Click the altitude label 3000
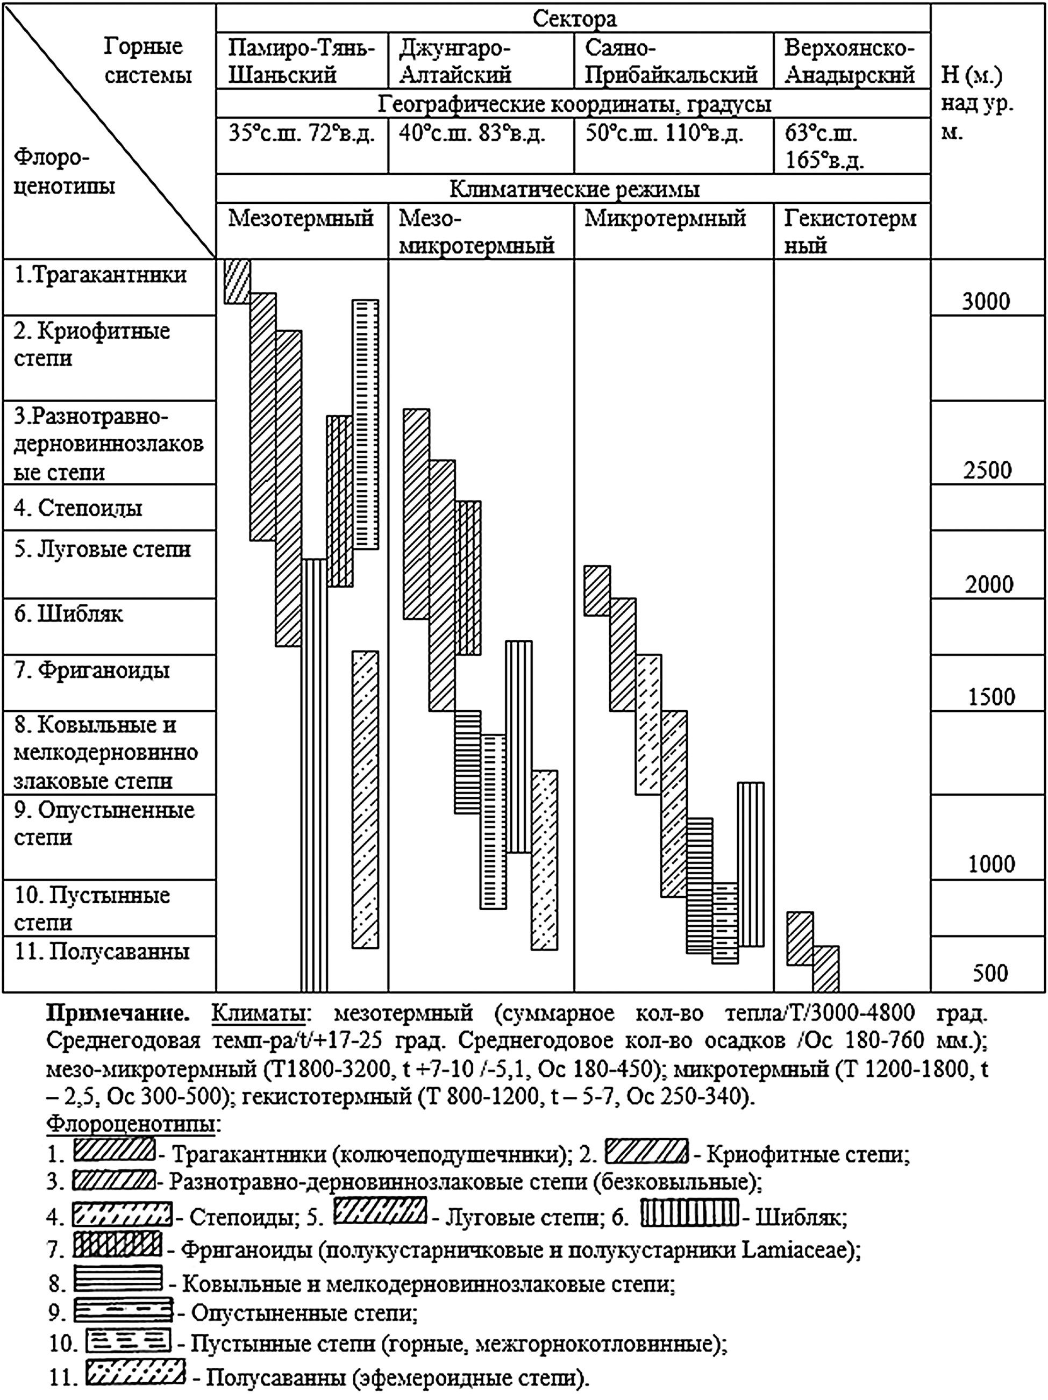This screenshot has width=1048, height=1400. (x=986, y=301)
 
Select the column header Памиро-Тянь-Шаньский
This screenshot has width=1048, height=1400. (x=302, y=61)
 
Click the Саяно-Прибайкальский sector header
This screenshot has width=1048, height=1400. (x=671, y=61)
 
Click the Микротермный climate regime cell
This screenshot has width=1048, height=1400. (x=665, y=219)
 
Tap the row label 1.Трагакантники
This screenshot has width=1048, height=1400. (x=101, y=275)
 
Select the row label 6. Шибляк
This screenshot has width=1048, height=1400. (x=68, y=614)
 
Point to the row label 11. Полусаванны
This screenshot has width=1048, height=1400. (x=102, y=952)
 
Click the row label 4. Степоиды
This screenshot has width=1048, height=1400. (x=79, y=508)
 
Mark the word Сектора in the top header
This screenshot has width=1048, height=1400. (x=574, y=19)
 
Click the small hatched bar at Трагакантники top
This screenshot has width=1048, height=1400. (x=237, y=281)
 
